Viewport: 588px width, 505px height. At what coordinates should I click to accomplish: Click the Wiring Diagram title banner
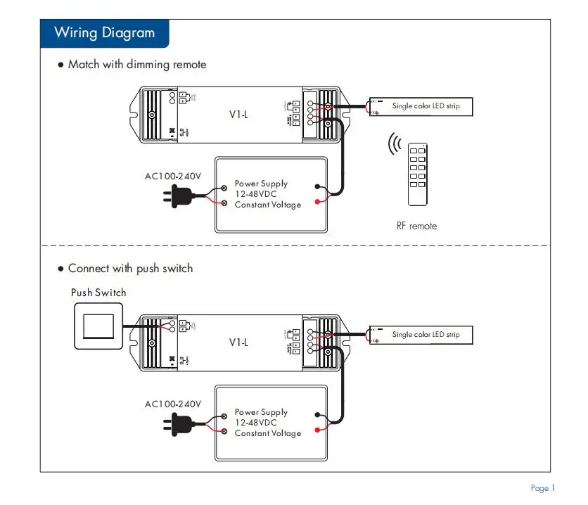[x=104, y=33]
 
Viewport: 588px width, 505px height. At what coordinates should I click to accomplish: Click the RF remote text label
[x=416, y=226]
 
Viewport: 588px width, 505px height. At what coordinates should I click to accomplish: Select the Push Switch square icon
[x=98, y=326]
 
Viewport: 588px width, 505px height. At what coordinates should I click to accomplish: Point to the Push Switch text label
[x=98, y=293]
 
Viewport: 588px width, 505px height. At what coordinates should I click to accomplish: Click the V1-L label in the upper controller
[x=239, y=114]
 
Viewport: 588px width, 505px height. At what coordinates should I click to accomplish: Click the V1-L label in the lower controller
[x=239, y=343]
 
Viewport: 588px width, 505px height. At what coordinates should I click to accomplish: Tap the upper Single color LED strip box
[x=421, y=106]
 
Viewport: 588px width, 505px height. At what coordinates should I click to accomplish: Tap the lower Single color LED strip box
[x=421, y=335]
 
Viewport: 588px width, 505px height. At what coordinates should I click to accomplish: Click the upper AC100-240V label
[x=173, y=176]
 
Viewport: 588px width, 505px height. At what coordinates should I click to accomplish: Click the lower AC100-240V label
[x=173, y=404]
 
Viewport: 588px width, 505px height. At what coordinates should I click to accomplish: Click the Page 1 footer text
[x=543, y=488]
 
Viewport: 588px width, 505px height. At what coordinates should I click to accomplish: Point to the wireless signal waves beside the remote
[x=395, y=143]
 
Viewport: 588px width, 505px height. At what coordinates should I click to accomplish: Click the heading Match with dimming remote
[x=136, y=65]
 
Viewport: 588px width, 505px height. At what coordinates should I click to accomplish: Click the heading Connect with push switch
[x=129, y=269]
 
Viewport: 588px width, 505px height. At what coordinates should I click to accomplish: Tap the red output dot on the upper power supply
[x=318, y=202]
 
